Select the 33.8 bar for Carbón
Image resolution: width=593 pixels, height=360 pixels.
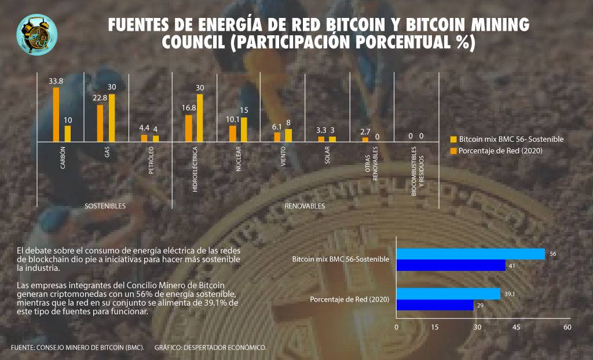tap(56, 114)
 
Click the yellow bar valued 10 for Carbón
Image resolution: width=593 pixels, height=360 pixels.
tap(68, 134)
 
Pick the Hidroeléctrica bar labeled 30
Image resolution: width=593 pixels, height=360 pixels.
tap(200, 117)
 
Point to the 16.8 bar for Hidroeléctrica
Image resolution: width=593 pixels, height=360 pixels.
tap(188, 128)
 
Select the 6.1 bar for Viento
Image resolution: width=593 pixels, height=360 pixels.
tap(277, 137)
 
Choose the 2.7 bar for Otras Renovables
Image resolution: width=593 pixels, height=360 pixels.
tap(365, 139)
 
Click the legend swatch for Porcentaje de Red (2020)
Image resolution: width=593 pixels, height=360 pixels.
tap(453, 151)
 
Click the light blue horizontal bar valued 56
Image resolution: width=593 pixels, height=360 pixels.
tap(471, 254)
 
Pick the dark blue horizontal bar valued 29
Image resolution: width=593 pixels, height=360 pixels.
tap(435, 305)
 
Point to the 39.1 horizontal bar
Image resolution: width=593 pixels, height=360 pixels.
tap(448, 294)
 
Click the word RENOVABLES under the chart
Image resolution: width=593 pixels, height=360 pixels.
tap(305, 206)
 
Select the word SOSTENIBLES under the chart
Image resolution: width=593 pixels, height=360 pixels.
tap(105, 206)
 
